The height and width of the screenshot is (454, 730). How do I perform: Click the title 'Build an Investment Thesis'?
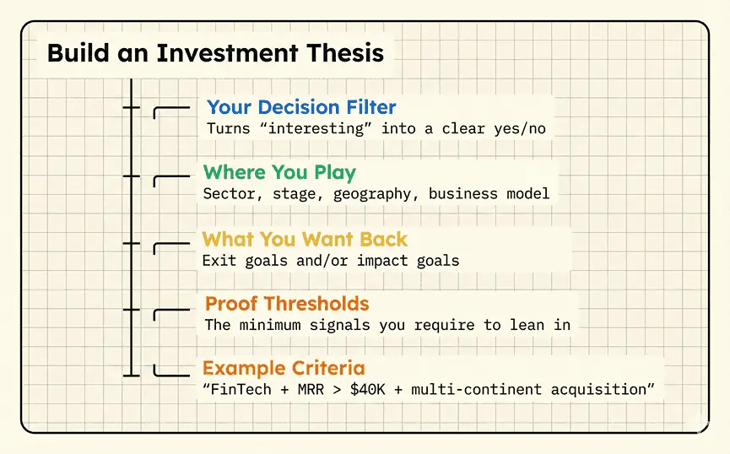pyautogui.click(x=215, y=53)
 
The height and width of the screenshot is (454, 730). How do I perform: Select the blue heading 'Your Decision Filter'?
pyautogui.click(x=301, y=107)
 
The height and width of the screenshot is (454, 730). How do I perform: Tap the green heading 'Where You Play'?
pyautogui.click(x=279, y=173)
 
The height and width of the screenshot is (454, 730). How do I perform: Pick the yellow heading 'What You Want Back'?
pyautogui.click(x=305, y=239)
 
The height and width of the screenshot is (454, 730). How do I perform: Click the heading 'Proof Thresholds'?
pyautogui.click(x=287, y=304)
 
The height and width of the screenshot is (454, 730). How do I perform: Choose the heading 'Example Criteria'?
pyautogui.click(x=284, y=369)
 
